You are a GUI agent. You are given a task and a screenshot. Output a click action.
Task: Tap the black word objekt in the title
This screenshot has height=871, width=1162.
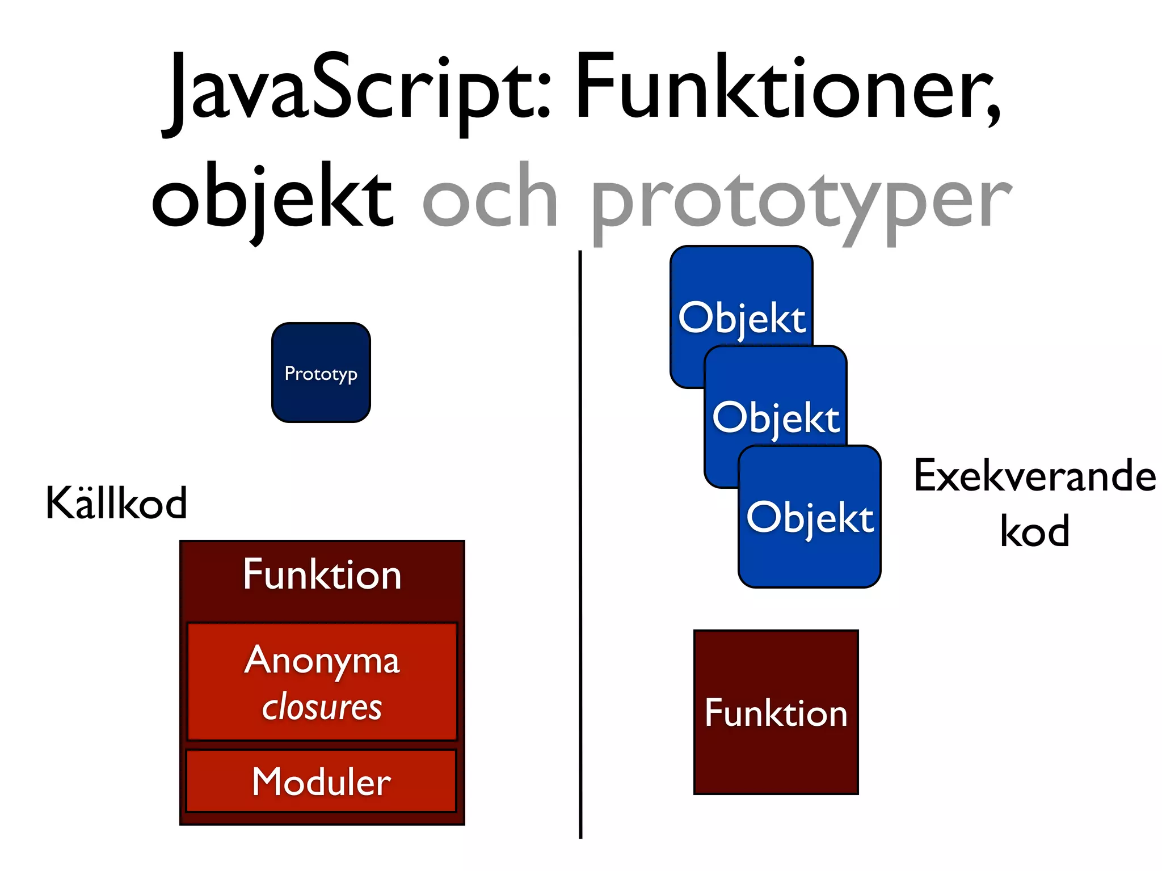272,198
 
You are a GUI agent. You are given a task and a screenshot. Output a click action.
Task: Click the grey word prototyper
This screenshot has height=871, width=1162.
800,201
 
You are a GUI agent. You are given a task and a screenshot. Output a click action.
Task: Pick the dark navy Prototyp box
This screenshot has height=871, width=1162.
321,373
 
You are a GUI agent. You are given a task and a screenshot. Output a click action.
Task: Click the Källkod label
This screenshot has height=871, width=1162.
116,503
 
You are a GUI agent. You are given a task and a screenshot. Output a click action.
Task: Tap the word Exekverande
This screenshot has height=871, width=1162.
1034,476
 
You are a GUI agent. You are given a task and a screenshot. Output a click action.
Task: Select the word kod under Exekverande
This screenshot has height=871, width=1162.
1034,531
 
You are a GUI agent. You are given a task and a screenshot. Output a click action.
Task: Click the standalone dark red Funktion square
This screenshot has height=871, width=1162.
776,712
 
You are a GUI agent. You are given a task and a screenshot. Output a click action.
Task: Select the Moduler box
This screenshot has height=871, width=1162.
321,781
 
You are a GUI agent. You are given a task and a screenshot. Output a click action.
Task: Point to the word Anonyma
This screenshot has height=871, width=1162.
322,661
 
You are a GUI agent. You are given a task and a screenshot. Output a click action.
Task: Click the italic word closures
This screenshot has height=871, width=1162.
322,708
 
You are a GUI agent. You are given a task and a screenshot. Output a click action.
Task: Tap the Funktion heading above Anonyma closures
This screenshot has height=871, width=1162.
322,574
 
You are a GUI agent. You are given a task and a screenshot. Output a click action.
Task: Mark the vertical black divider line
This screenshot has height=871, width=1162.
580,544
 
